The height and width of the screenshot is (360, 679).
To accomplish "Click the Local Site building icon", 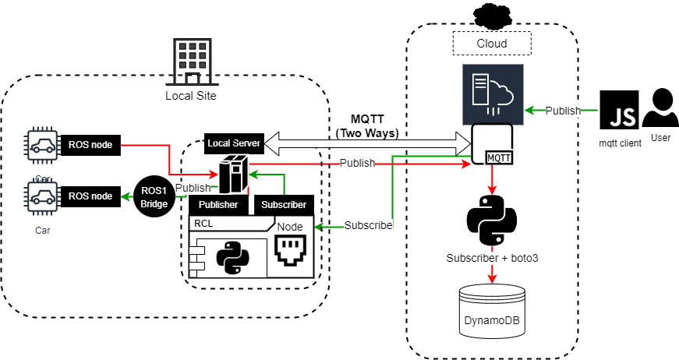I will (189, 62).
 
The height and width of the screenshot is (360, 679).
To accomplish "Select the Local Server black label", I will (232, 143).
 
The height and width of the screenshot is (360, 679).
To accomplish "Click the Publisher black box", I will (218, 205).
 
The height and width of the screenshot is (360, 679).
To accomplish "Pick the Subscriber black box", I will (284, 205).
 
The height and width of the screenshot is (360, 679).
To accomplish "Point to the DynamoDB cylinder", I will (492, 310).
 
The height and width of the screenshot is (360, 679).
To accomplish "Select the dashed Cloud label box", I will (491, 44).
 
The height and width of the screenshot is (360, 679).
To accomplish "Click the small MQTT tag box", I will (499, 157).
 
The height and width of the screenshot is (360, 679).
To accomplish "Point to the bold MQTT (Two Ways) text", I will (368, 127).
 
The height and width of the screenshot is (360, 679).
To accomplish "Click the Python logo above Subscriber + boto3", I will (491, 221).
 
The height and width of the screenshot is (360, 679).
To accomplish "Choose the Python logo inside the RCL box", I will (232, 257).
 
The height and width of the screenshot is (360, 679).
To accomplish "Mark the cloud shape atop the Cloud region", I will (491, 14).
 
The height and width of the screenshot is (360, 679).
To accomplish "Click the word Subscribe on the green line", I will (368, 225).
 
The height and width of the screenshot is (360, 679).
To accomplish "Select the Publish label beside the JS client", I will (563, 111).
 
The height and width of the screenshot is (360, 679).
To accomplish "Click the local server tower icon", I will (233, 175).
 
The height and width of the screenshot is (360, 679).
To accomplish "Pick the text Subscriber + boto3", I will (492, 258).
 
